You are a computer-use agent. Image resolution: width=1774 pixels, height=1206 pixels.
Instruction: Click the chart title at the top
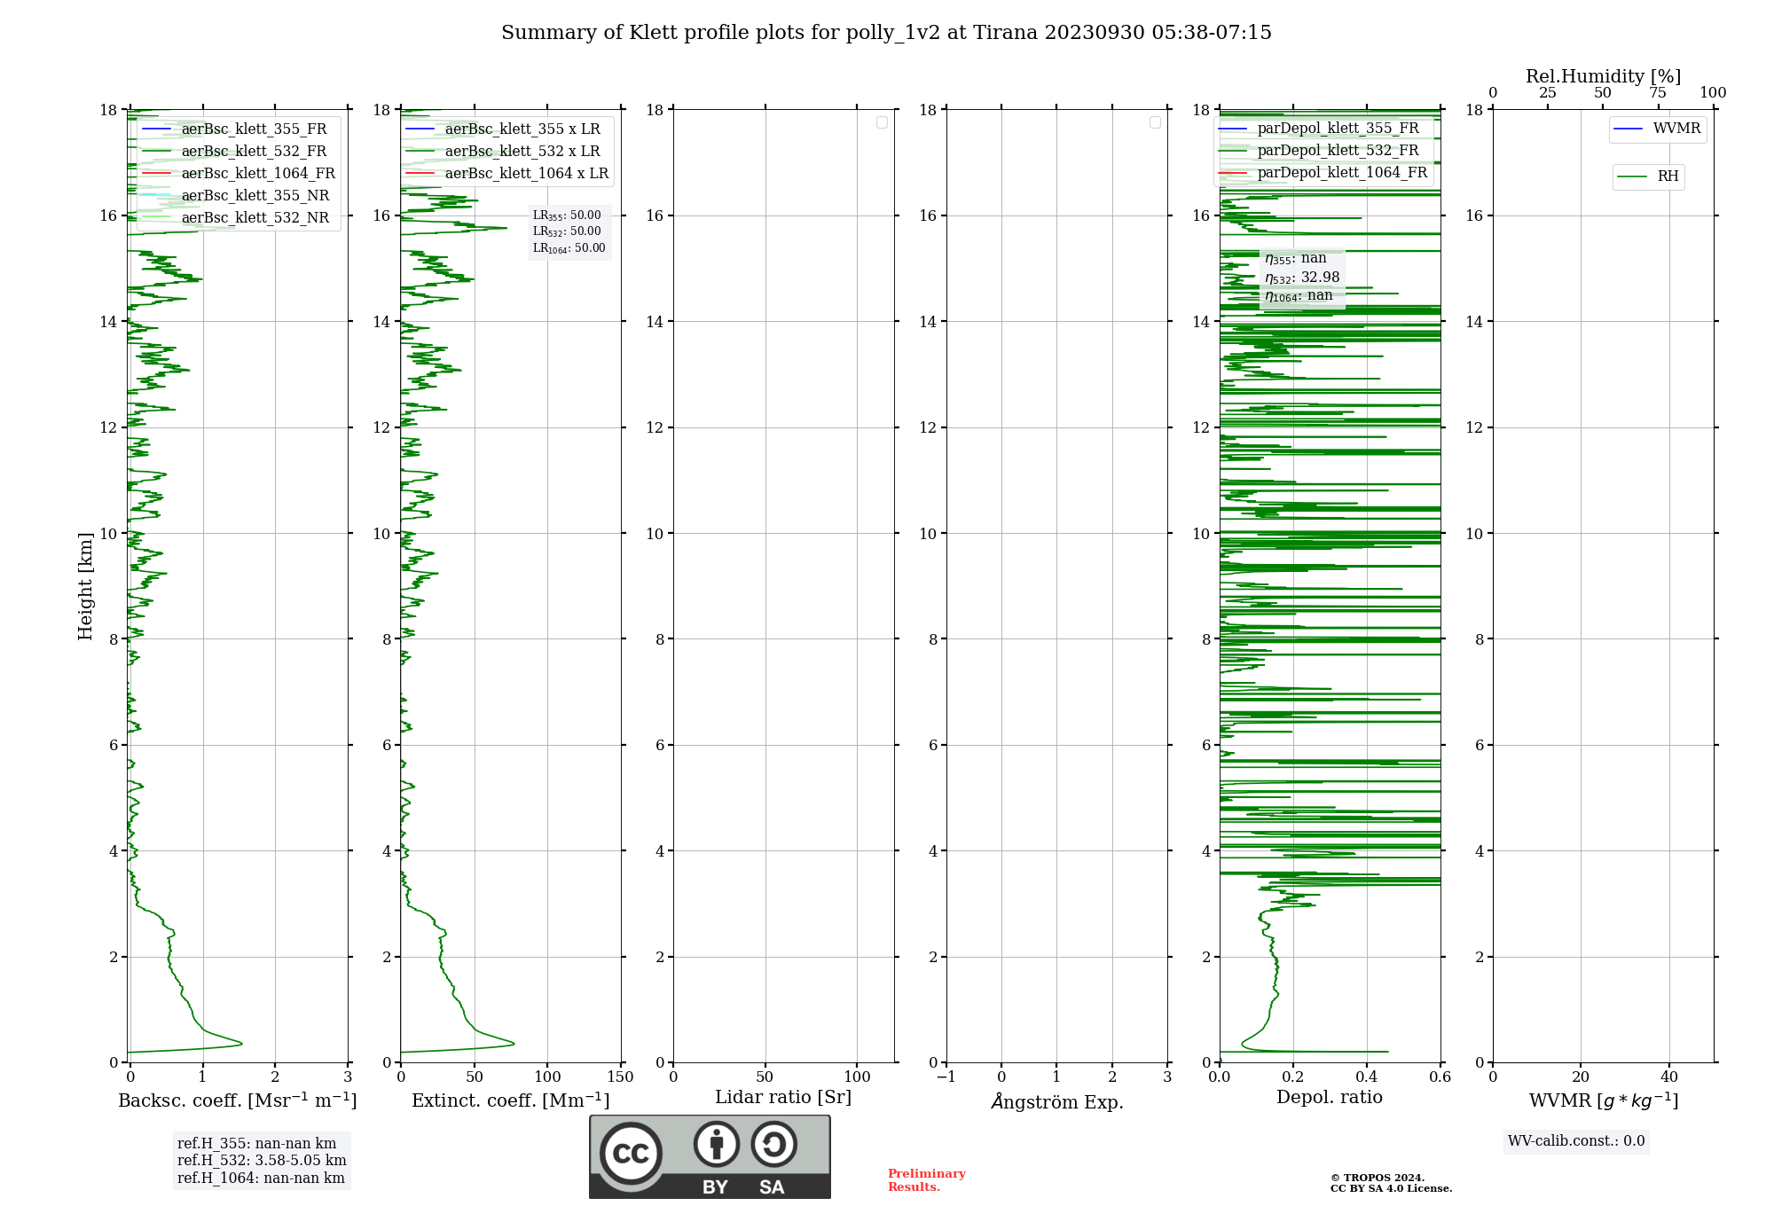point(886,33)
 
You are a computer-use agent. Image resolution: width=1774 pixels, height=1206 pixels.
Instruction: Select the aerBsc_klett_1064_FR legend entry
point(257,174)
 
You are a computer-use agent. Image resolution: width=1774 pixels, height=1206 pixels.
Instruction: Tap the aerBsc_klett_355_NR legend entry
point(255,196)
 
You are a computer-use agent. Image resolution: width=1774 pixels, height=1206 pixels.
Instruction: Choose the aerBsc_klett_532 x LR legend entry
point(522,152)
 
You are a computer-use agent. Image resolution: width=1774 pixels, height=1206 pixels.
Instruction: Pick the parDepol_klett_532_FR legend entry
point(1337,151)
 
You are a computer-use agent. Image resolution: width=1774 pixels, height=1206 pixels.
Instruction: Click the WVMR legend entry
point(1676,129)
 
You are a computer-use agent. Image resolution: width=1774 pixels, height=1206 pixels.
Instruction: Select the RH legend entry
point(1667,176)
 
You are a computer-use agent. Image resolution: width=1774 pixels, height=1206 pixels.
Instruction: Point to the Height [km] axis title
point(85,586)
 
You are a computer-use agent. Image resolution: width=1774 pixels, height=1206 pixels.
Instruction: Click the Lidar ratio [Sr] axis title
point(782,1097)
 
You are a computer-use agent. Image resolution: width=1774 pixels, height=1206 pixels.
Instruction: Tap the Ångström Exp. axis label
point(1056,1101)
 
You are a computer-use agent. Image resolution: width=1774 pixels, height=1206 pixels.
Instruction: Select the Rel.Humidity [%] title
point(1603,76)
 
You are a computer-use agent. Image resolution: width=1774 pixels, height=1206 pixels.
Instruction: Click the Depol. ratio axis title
point(1329,1097)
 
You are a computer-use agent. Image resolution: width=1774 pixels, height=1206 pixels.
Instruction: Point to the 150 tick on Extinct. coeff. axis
point(620,1077)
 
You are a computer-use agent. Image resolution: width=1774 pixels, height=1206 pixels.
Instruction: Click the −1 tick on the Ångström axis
point(946,1077)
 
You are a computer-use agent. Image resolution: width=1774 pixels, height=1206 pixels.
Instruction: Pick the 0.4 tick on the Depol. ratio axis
point(1366,1077)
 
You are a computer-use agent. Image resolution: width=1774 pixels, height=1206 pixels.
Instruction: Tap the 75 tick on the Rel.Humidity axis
point(1657,93)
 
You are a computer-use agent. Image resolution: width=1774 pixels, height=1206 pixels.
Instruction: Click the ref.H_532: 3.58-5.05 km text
point(262,1160)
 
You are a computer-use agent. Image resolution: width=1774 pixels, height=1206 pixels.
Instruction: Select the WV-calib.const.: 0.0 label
point(1575,1141)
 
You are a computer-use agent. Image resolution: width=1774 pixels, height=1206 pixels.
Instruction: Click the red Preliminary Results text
point(926,1180)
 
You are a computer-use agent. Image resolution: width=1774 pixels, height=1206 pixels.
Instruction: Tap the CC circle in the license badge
point(631,1153)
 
